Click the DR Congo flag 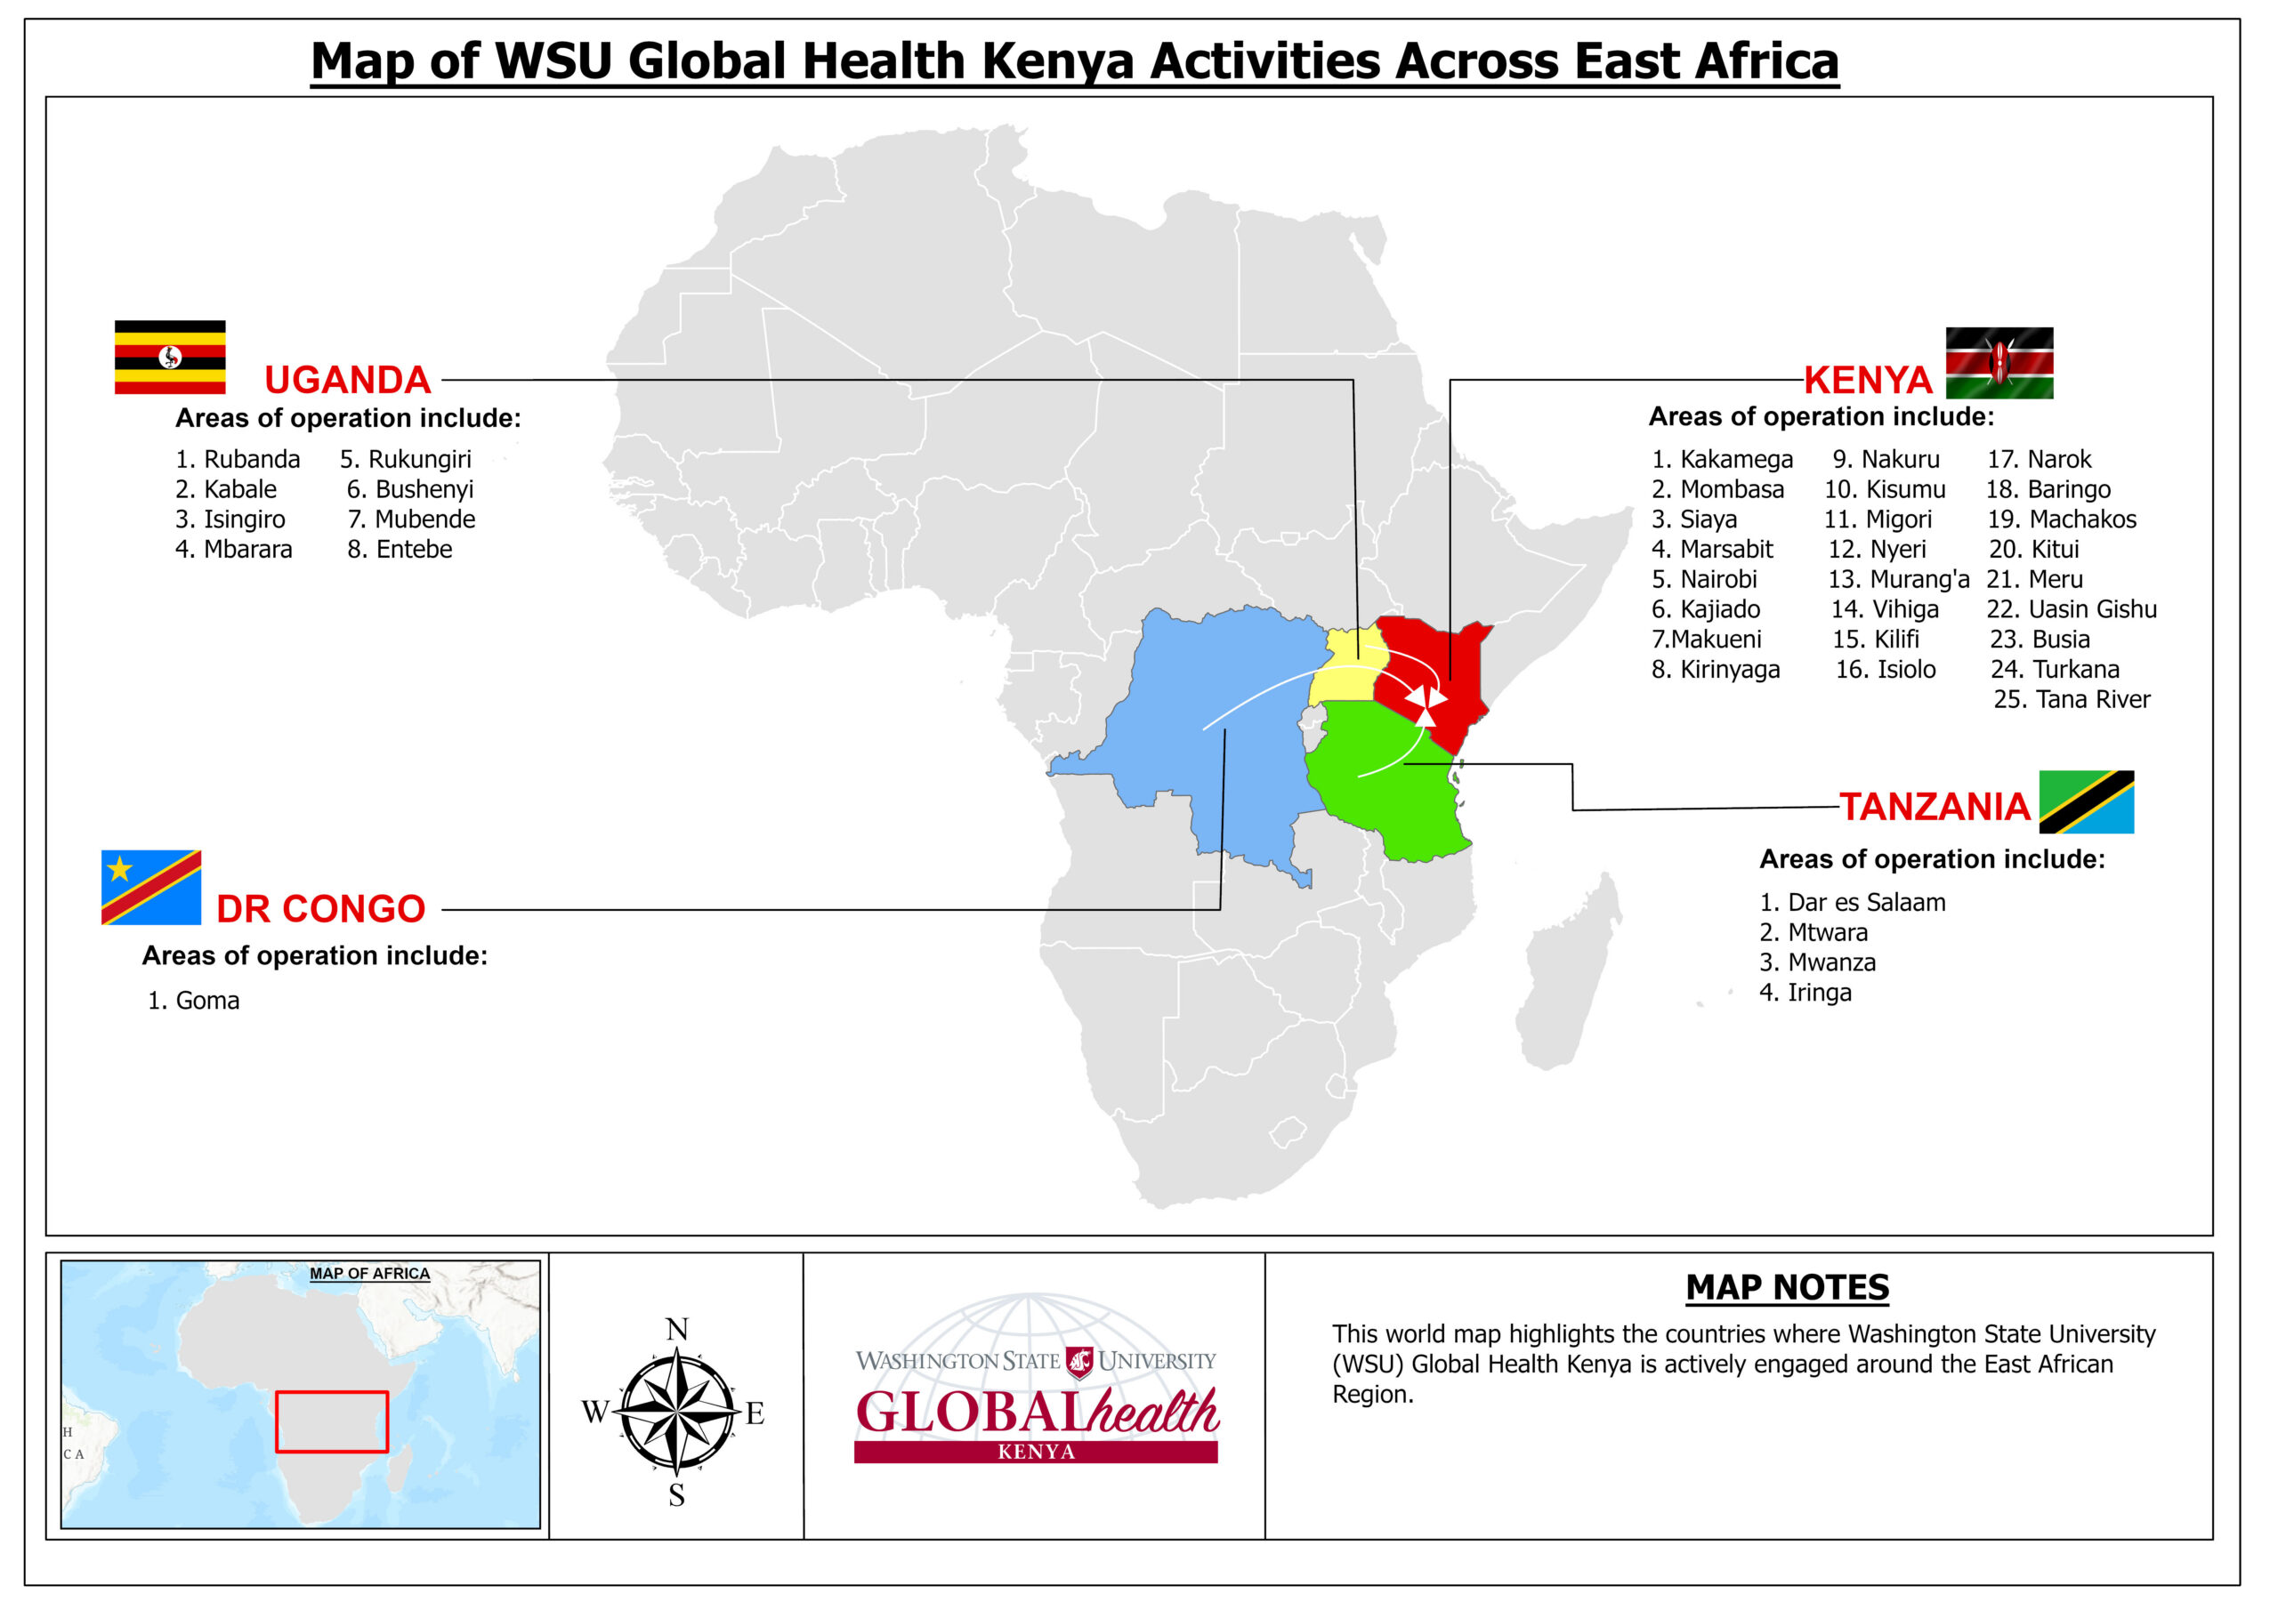click(x=150, y=887)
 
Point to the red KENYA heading click(x=1867, y=380)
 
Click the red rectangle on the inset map click(x=331, y=1421)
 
